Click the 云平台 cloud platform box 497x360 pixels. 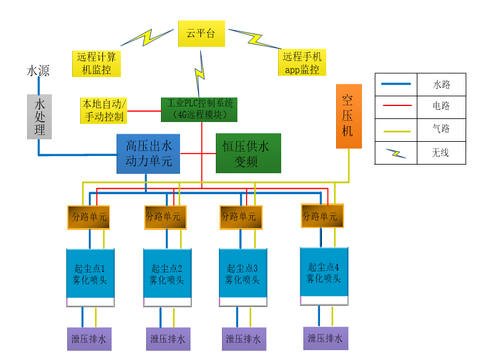click(x=202, y=33)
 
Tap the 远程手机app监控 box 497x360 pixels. click(x=302, y=63)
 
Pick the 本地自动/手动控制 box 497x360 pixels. click(x=104, y=110)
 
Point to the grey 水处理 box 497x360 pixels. click(x=39, y=116)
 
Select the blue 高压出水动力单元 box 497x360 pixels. click(x=149, y=153)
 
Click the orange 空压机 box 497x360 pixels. click(x=348, y=115)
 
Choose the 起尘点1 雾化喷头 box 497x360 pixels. click(x=90, y=274)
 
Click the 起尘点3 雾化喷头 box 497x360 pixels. click(x=243, y=273)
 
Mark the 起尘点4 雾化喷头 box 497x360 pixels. click(x=324, y=272)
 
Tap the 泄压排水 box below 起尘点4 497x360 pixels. click(x=326, y=338)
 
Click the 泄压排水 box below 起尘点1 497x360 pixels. click(x=89, y=339)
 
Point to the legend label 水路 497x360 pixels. click(x=442, y=84)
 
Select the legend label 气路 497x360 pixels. click(x=442, y=129)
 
